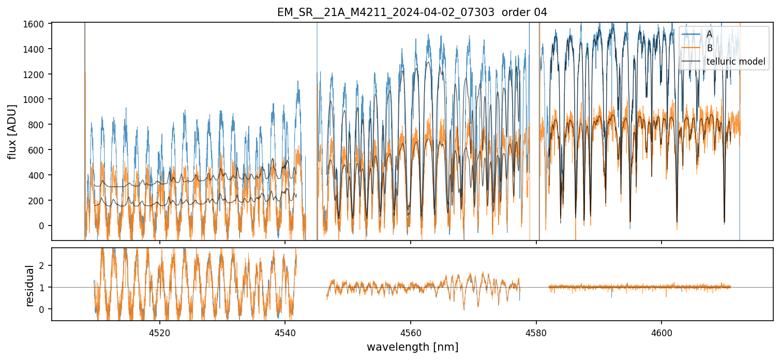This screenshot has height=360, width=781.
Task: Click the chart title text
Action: tap(412, 12)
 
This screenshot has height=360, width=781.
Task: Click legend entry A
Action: tap(709, 34)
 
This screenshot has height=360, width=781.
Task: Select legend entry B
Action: tap(709, 48)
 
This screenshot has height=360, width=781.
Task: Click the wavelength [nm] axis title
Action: tap(412, 347)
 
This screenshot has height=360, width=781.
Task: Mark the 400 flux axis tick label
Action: tap(39, 175)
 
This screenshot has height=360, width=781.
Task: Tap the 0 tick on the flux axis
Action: tap(44, 226)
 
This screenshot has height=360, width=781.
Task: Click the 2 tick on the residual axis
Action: tap(44, 265)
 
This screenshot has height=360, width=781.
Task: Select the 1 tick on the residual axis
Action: tap(44, 287)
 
